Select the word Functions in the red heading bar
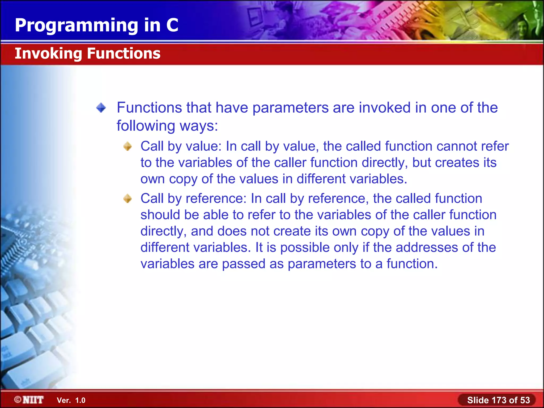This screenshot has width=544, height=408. click(x=124, y=53)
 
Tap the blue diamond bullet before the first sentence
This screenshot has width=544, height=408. click(x=101, y=108)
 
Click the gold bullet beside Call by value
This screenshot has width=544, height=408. click(x=128, y=146)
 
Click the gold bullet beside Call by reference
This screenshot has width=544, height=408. click(x=128, y=198)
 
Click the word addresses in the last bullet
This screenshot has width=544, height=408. click(x=427, y=248)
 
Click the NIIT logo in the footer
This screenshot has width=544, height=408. click(x=29, y=400)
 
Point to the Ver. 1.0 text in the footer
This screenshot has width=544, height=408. click(x=71, y=400)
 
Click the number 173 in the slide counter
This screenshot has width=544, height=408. click(x=499, y=400)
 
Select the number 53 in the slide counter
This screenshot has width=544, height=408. click(x=525, y=400)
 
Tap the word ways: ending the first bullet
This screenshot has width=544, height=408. click(x=199, y=126)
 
